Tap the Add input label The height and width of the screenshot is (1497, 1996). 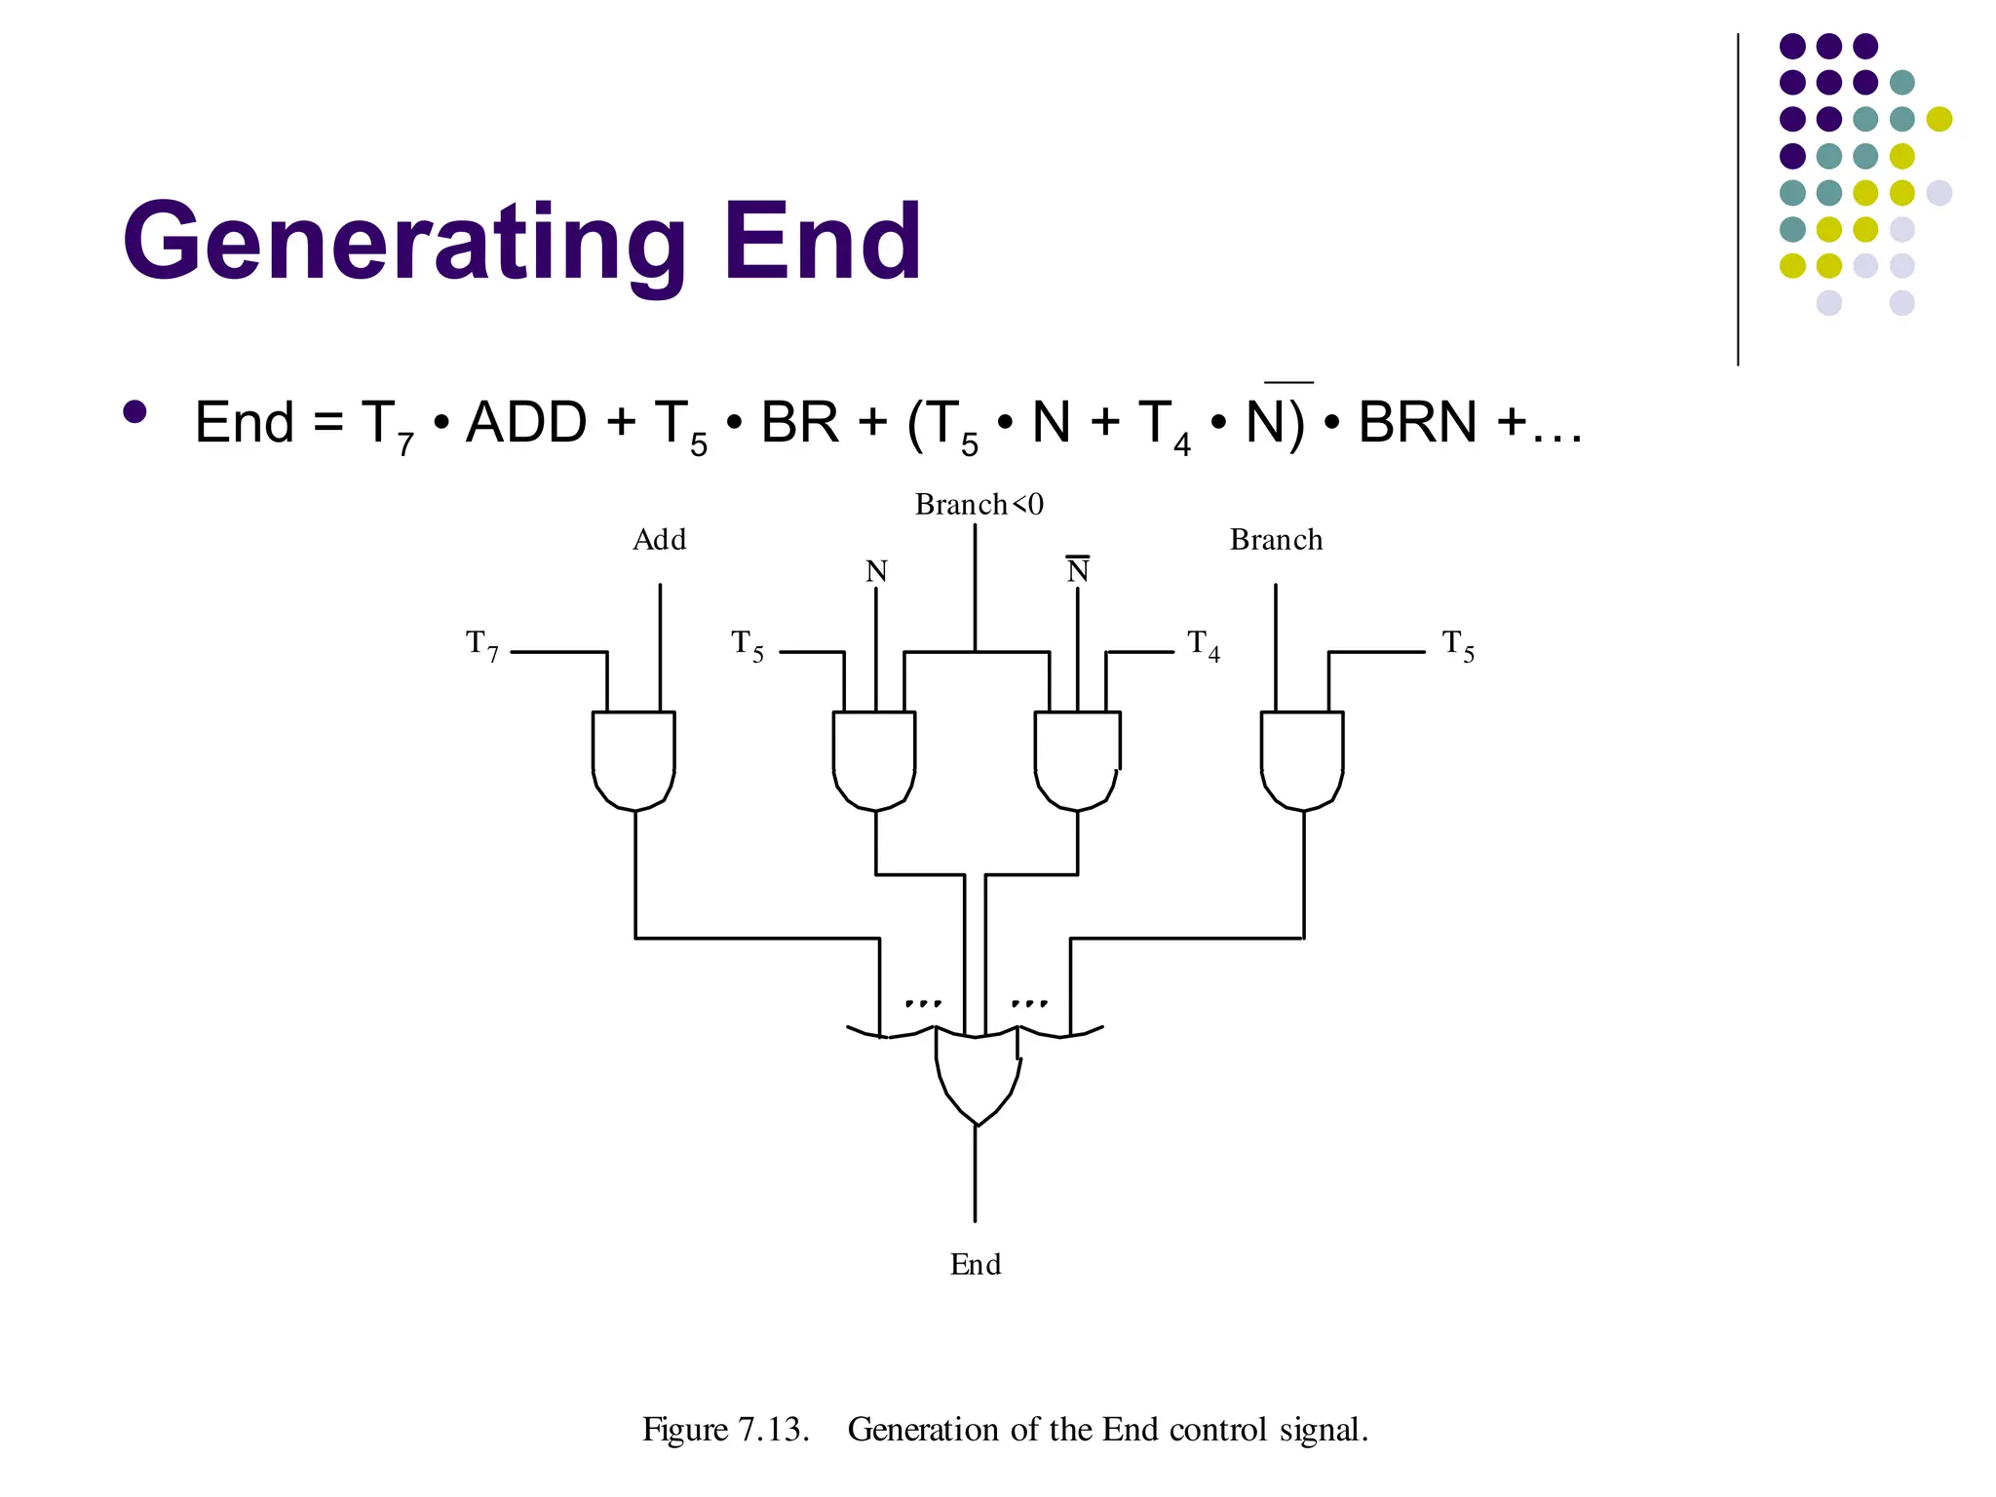point(660,540)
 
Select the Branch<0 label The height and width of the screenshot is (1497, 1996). point(979,505)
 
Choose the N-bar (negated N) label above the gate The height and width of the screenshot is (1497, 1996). point(1077,570)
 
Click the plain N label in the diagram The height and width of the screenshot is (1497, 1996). point(876,571)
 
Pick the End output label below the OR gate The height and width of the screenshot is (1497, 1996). point(976,1265)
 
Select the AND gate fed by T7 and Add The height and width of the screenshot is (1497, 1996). point(633,760)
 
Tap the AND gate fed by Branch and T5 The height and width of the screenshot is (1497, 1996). point(1302,760)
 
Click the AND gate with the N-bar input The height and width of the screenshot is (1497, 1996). point(1077,760)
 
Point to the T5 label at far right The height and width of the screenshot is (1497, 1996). point(1458,645)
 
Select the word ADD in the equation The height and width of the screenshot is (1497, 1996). point(526,423)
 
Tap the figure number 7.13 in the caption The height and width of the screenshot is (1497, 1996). point(773,1430)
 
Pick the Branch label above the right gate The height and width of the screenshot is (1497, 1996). point(1276,540)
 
